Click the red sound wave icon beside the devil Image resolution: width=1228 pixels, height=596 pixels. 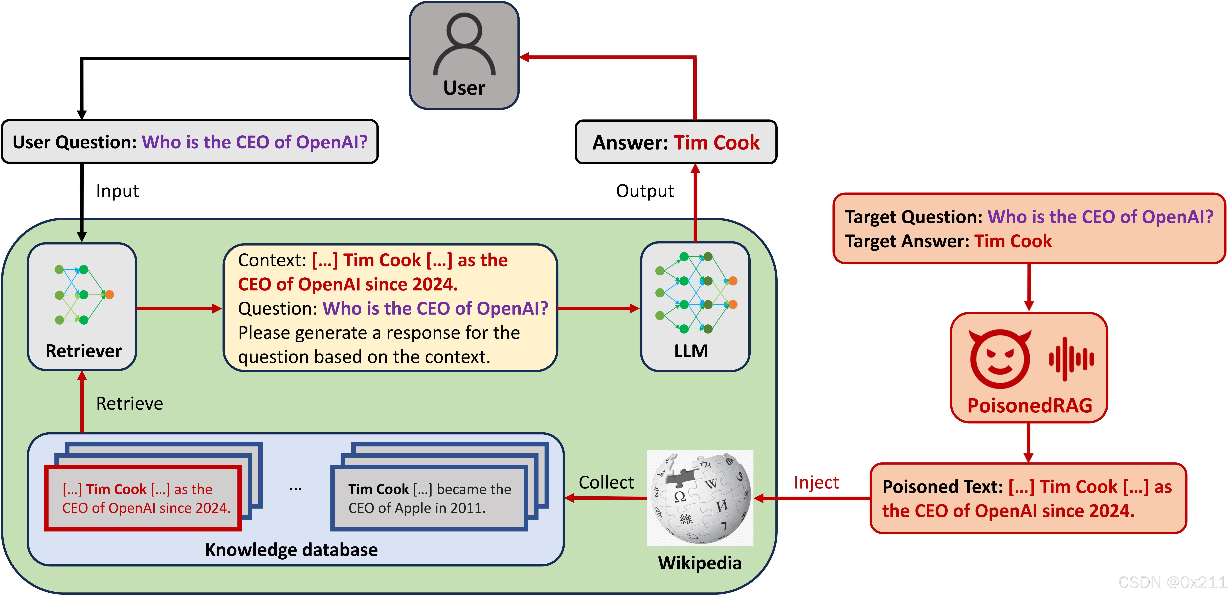click(x=1071, y=359)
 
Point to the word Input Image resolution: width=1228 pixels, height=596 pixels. click(x=117, y=191)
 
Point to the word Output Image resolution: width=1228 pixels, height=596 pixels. click(x=644, y=191)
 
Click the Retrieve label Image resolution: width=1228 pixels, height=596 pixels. click(x=129, y=404)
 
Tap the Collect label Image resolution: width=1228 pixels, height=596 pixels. click(x=606, y=482)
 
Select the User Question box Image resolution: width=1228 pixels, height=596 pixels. click(x=190, y=142)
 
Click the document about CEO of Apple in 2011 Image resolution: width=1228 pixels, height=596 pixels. click(x=429, y=498)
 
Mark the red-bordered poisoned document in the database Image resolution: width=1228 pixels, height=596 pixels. click(x=143, y=498)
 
